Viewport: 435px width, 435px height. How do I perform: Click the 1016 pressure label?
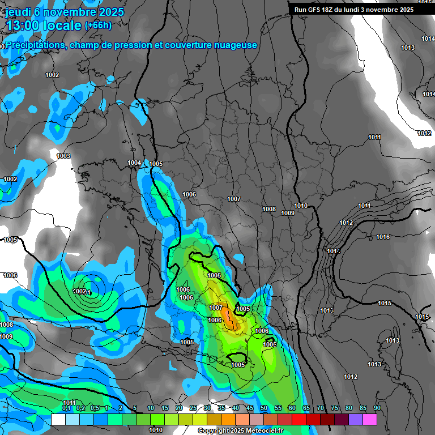[x=383, y=237]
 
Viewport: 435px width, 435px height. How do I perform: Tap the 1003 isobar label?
[x=63, y=156]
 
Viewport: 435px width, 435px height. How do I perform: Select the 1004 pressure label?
[x=134, y=163]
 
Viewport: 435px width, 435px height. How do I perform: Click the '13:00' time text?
[x=23, y=25]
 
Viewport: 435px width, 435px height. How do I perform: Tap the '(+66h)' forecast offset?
[x=98, y=25]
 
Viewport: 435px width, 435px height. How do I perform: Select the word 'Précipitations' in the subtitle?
[x=33, y=45]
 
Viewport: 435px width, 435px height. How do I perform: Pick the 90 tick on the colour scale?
[x=377, y=408]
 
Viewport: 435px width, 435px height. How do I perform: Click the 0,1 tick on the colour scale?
[x=66, y=408]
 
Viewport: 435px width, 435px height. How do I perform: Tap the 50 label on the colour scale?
[x=263, y=408]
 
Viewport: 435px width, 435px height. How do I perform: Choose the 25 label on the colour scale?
[x=193, y=408]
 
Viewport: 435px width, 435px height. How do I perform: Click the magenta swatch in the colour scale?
[x=369, y=419]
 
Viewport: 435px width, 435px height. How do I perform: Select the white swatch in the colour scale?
[x=58, y=419]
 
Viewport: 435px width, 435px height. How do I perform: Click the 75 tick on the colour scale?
[x=334, y=408]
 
